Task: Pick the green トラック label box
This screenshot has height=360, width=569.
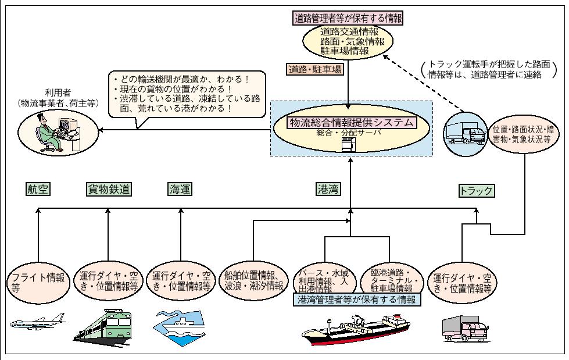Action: [477, 190]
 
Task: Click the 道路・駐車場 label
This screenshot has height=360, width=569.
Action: [315, 69]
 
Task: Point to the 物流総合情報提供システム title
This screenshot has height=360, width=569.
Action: [352, 122]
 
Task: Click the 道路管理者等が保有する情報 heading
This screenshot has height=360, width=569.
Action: [348, 17]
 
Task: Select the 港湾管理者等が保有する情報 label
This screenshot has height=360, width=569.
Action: [357, 300]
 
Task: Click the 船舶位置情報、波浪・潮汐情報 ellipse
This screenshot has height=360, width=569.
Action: [254, 280]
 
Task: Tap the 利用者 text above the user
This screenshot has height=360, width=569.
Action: [57, 92]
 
